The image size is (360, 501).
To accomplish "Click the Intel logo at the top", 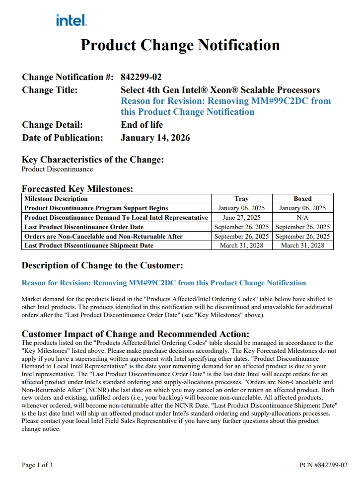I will pyautogui.click(x=72, y=20).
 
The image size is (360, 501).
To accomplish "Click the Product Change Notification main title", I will pyautogui.click(x=180, y=45).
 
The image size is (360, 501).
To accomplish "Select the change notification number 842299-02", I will pyautogui.click(x=141, y=77).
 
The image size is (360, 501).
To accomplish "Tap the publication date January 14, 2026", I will pyautogui.click(x=155, y=138).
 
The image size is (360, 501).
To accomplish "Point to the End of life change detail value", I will pyautogui.click(x=142, y=125).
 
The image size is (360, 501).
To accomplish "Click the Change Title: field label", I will pyautogui.click(x=50, y=90).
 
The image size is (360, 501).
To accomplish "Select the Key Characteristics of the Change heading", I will pyautogui.click(x=93, y=160).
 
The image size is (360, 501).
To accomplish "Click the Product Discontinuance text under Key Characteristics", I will pyautogui.click(x=57, y=169).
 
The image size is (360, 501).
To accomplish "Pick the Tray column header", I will pyautogui.click(x=241, y=199).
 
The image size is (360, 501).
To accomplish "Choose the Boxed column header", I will pyautogui.click(x=302, y=199).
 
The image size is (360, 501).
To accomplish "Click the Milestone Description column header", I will pyautogui.click(x=56, y=199).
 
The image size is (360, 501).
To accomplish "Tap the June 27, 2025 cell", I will pyautogui.click(x=241, y=218).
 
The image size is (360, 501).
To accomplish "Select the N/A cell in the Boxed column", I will pyautogui.click(x=302, y=218).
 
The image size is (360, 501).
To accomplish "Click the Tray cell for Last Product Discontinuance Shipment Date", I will pyautogui.click(x=241, y=246).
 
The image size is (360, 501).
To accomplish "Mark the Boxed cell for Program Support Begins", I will pyautogui.click(x=302, y=208).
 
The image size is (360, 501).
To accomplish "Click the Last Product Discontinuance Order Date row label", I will pyautogui.click(x=84, y=227).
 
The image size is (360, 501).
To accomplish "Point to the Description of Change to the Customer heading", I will pyautogui.click(x=102, y=265).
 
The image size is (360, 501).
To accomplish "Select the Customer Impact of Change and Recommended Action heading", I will pyautogui.click(x=136, y=334).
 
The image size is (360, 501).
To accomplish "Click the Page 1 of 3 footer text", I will pyautogui.click(x=37, y=465).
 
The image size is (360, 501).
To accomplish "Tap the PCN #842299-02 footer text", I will pyautogui.click(x=323, y=465).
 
